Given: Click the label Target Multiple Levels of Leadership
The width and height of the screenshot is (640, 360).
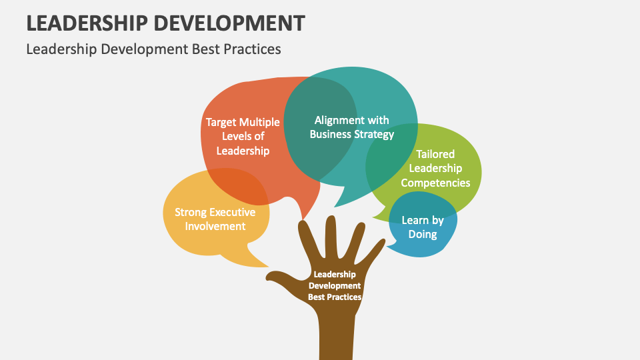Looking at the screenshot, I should point(243,137).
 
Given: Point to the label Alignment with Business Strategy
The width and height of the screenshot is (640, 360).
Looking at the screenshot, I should point(352,127).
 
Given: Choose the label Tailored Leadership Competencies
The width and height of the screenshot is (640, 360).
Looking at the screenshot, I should point(435,169).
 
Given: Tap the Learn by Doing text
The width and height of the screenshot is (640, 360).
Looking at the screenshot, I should point(423,227).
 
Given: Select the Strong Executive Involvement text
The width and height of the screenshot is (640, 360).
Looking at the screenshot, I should point(215,219).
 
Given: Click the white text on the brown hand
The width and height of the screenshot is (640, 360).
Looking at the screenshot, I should point(335,285).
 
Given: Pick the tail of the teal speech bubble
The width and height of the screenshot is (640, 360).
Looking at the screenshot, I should point(341,200).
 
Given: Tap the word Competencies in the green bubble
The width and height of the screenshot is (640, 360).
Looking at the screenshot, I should point(435,183).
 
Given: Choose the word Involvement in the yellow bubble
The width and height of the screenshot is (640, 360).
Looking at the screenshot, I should point(215,226).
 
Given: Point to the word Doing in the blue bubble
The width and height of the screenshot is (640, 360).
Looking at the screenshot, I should point(423,234).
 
